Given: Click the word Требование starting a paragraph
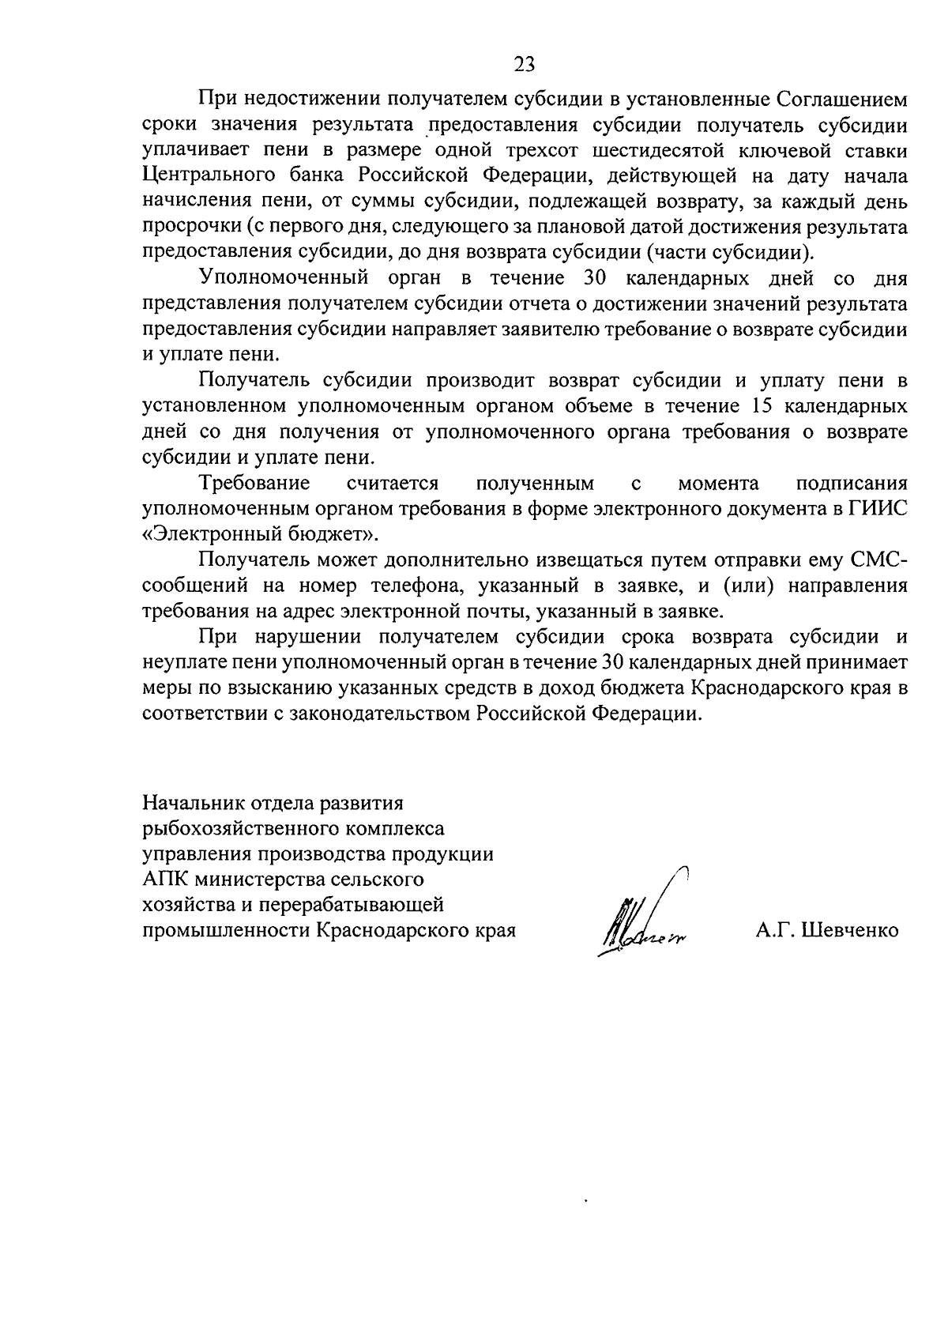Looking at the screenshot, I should (254, 482).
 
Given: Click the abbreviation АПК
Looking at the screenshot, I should (164, 879).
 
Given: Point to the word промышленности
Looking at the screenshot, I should (226, 930).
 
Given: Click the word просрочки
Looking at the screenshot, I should (190, 227).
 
